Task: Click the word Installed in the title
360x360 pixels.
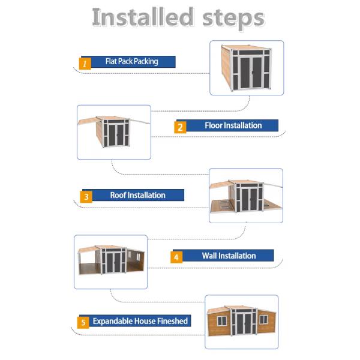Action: click(x=143, y=17)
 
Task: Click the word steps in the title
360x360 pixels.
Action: click(x=233, y=19)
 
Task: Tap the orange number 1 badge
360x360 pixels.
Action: click(x=85, y=64)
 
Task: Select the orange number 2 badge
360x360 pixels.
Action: click(x=180, y=127)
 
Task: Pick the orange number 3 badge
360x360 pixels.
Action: click(x=86, y=197)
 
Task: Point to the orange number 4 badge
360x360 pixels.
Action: click(x=176, y=257)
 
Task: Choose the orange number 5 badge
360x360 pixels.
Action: click(x=83, y=322)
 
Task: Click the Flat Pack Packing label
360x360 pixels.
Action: click(x=132, y=62)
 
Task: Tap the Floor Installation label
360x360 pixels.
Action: click(x=233, y=125)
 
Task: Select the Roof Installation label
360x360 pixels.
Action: click(x=138, y=195)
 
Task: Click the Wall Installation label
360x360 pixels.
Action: click(x=229, y=256)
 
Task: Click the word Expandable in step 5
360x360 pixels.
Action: click(x=112, y=321)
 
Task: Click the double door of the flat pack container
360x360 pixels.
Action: click(x=251, y=73)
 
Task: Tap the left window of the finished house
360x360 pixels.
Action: click(x=222, y=321)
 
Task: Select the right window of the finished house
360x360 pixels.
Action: click(x=263, y=319)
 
